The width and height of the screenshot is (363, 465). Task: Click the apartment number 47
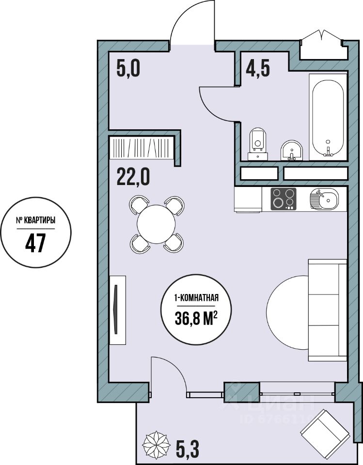pyautogui.click(x=35, y=242)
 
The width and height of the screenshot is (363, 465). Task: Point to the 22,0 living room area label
pyautogui.click(x=133, y=176)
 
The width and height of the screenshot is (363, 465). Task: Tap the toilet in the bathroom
pyautogui.click(x=258, y=144)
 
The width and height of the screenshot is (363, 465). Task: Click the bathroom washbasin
pyautogui.click(x=291, y=150)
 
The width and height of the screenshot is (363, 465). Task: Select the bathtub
pyautogui.click(x=328, y=117)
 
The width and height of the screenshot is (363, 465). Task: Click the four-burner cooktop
pyautogui.click(x=283, y=199)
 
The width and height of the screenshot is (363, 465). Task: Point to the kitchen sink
pyautogui.click(x=324, y=199)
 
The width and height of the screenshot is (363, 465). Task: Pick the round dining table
pyautogui.click(x=157, y=224)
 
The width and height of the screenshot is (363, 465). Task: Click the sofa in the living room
pyautogui.click(x=328, y=310)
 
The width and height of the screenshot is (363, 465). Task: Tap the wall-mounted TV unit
pyautogui.click(x=118, y=310)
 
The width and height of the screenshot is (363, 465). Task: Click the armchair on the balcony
pyautogui.click(x=325, y=430)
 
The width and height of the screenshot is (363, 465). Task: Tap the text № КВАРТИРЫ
pyautogui.click(x=35, y=221)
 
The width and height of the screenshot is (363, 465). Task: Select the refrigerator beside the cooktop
pyautogui.click(x=248, y=199)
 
